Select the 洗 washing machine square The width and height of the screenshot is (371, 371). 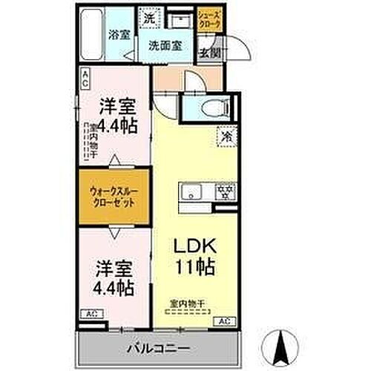148,16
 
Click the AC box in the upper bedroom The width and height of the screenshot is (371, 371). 85,76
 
